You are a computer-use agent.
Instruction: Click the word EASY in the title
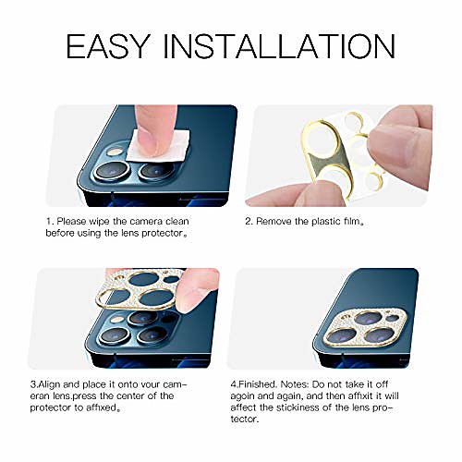point(108,46)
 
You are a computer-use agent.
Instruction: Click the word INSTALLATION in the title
point(279,46)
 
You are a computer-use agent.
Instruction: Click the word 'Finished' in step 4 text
point(257,384)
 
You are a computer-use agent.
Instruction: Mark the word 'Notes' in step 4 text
point(295,384)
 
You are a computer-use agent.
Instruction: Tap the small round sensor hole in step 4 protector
point(392,318)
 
